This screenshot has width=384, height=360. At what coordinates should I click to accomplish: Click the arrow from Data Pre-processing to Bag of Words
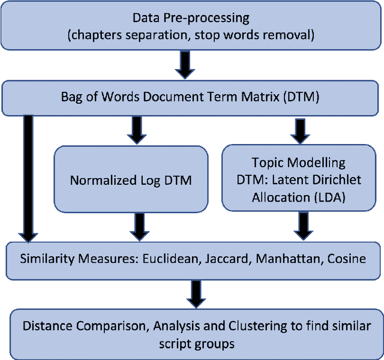(x=187, y=64)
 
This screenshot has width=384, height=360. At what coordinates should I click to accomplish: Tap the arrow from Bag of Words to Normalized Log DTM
(x=137, y=129)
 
